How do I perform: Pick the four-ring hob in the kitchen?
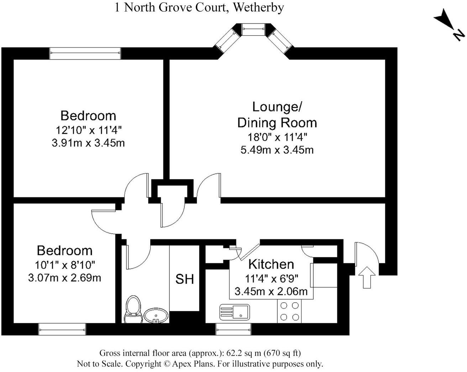(289, 311)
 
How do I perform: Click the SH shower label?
(185, 279)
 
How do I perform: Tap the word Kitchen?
(271, 264)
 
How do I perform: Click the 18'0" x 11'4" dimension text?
(277, 137)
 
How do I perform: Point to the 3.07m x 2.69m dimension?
(64, 277)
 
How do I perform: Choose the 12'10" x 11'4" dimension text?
(88, 130)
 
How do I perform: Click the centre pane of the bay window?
(253, 29)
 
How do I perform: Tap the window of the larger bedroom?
(85, 53)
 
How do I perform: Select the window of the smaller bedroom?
(62, 329)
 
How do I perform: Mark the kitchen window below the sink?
(233, 329)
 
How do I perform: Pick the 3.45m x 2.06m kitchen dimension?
(271, 292)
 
